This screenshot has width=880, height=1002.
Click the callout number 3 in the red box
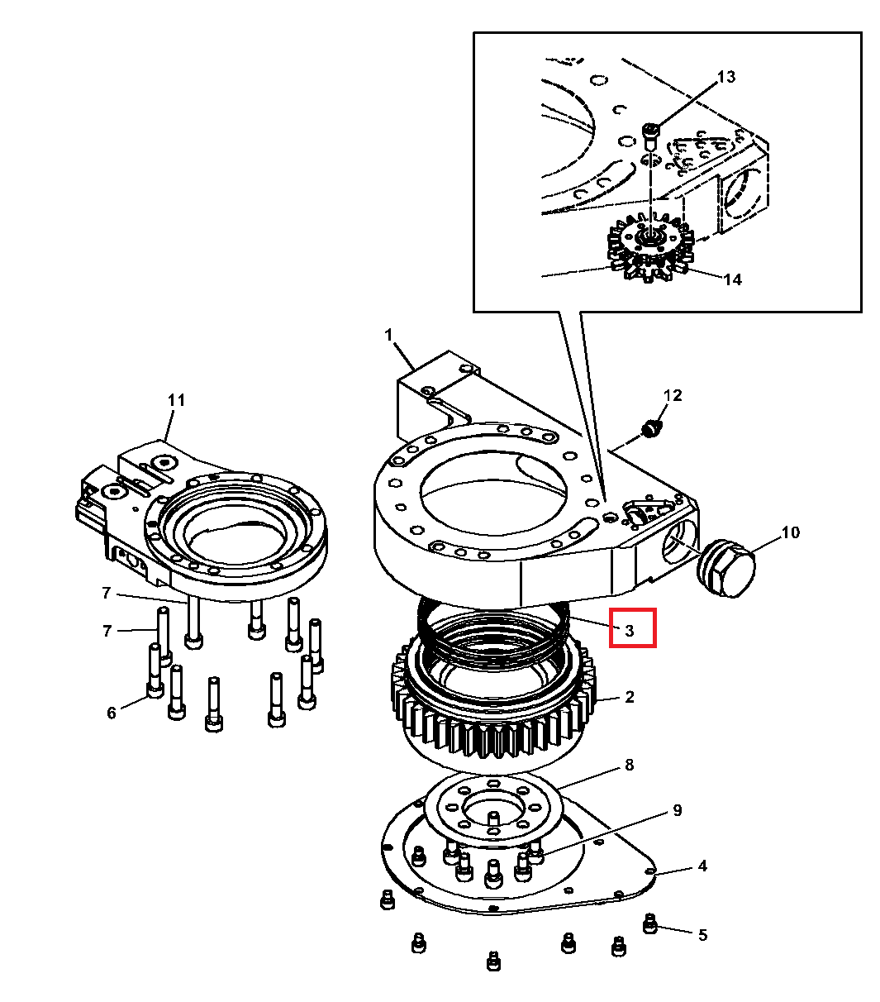point(630,631)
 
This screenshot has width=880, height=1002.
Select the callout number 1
point(388,336)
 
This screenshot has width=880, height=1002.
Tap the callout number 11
point(176,400)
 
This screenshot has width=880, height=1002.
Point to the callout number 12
point(673,395)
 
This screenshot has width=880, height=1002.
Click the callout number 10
point(790,532)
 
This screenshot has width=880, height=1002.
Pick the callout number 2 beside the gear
point(630,697)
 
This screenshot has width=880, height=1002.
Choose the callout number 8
point(629,765)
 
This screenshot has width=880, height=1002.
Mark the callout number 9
point(677,810)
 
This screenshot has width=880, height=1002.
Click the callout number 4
point(702,866)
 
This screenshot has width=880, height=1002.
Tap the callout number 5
point(702,935)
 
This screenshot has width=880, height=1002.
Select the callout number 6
point(112,713)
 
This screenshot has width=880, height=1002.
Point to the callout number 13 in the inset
point(725,77)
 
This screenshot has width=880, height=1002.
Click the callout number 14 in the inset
point(732,279)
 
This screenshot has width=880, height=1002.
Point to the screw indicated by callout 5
point(650,923)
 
